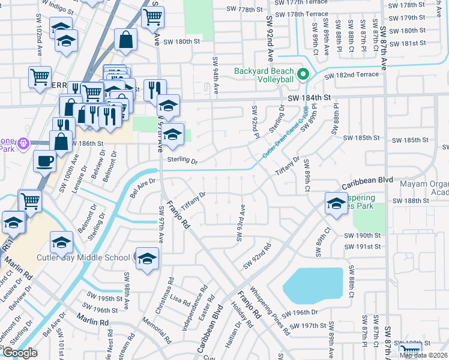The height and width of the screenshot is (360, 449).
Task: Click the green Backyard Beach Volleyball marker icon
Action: click(x=303, y=74)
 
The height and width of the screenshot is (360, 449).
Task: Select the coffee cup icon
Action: click(x=44, y=161)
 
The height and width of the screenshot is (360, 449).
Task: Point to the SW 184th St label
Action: click(x=309, y=97)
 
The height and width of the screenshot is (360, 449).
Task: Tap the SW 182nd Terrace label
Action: click(x=353, y=74)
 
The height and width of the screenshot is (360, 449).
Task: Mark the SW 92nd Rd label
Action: click(x=258, y=257)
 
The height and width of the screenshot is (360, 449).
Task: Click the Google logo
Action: click(x=20, y=353)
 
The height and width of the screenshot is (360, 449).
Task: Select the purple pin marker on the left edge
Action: click(x=23, y=144)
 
